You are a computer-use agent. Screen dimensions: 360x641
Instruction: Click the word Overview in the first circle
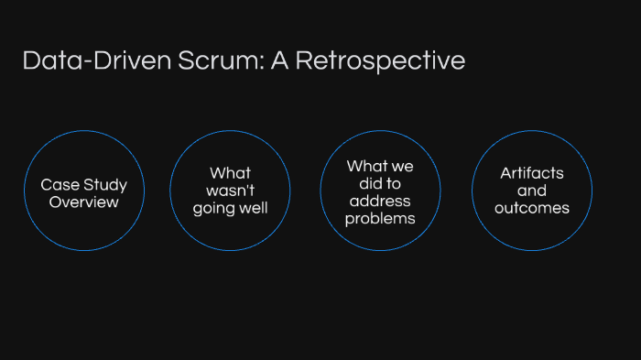[83, 202]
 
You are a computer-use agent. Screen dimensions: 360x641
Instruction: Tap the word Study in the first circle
[104, 185]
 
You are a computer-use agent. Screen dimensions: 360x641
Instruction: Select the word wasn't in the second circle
[230, 191]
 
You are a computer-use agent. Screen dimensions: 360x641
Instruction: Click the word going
[213, 208]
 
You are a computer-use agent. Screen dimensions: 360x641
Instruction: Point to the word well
[253, 208]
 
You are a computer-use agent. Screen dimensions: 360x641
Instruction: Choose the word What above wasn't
[230, 173]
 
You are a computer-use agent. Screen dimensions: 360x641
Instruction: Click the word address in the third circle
[380, 202]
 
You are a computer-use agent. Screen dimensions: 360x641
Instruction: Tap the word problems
[380, 219]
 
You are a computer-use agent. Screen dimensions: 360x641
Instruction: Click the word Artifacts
[532, 173]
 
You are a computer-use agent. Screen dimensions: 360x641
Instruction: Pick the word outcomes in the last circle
[532, 208]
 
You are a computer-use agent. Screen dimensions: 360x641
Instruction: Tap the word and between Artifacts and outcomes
[532, 191]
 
